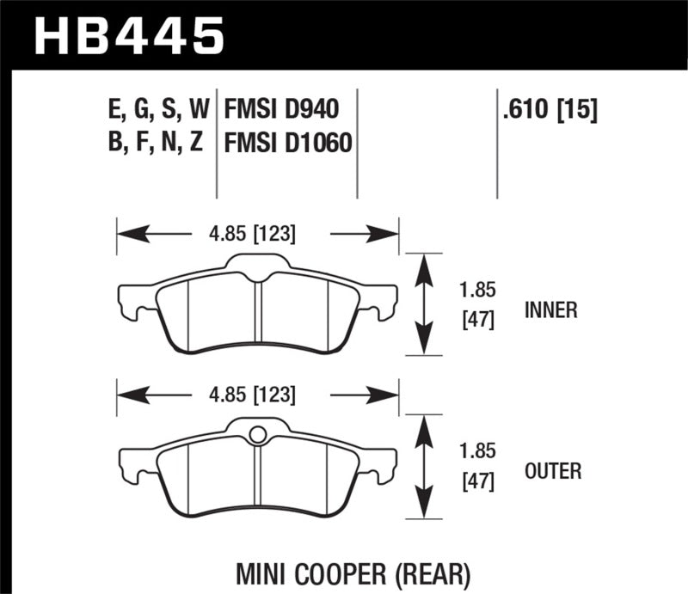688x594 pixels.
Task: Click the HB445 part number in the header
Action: (x=129, y=36)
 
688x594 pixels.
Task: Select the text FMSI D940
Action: (x=281, y=109)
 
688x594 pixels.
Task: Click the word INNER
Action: (x=550, y=310)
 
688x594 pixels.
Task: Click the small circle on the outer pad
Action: (x=256, y=435)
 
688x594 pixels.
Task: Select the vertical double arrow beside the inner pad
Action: (x=421, y=304)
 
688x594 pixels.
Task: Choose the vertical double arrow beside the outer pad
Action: (x=421, y=467)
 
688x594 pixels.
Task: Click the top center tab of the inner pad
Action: (x=256, y=262)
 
